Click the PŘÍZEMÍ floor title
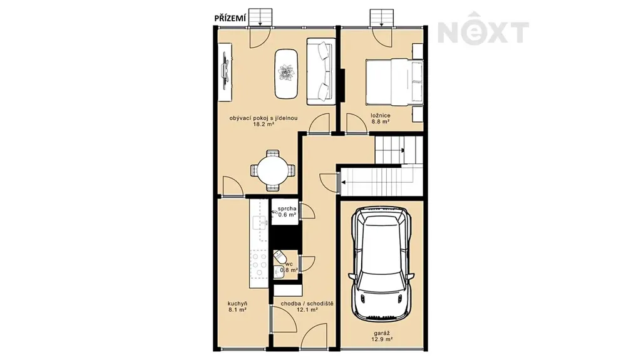point(230,18)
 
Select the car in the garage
point(381,264)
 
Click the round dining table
point(273,170)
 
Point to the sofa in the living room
point(321,70)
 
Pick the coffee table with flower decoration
point(286,74)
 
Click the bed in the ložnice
point(394,82)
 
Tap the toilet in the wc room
point(280,256)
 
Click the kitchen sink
point(259,222)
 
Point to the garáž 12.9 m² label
point(382,336)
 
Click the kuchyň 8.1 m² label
point(237,307)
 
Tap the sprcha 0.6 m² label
point(287,212)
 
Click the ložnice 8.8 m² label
point(380,118)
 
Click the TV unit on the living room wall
point(225,71)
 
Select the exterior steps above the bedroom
point(381,18)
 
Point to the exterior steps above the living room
point(260,18)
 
